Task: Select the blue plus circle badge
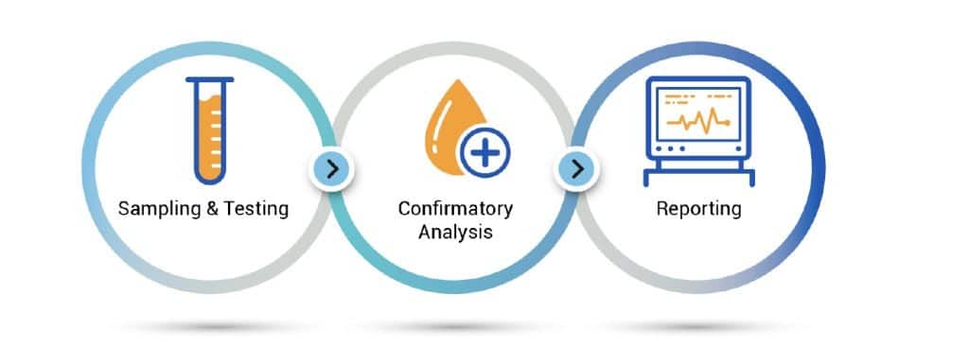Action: [x=484, y=150]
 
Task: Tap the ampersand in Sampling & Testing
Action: [x=210, y=209]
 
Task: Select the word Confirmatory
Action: [x=455, y=208]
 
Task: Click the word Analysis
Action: [x=455, y=232]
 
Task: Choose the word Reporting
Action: [x=698, y=209]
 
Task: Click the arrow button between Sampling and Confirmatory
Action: [x=331, y=169]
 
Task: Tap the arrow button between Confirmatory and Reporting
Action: [x=578, y=169]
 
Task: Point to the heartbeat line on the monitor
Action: [x=698, y=121]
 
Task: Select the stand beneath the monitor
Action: [x=698, y=176]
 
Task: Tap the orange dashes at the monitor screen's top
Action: [x=696, y=97]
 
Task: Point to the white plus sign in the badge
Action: [x=484, y=150]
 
